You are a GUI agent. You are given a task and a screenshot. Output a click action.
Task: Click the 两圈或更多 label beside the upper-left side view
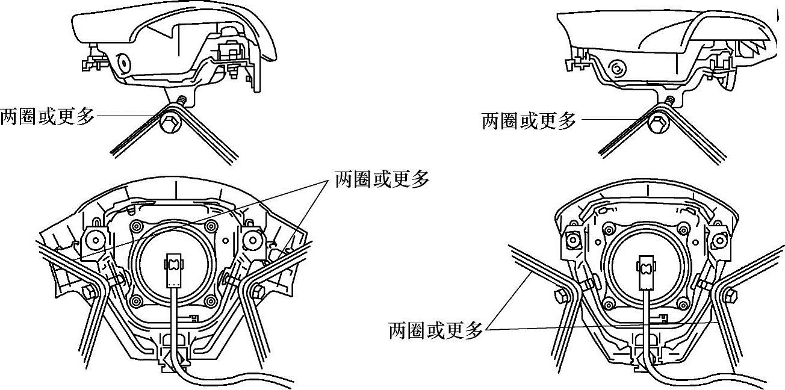coord(48,116)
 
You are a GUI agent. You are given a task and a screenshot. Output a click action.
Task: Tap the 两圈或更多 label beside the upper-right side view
coord(529,120)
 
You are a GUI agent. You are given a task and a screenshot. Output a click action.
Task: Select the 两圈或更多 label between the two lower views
coord(382,179)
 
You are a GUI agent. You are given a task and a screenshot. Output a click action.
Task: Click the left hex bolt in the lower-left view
coord(88,292)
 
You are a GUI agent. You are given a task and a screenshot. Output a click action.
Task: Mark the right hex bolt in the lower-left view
coord(258,292)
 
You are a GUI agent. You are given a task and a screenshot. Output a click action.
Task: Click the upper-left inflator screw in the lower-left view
coord(137,226)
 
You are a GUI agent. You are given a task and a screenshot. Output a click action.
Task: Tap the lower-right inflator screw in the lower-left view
coord(211,301)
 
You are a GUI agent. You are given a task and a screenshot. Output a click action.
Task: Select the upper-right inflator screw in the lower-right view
coord(683,228)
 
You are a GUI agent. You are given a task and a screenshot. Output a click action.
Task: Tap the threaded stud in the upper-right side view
coord(669,98)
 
